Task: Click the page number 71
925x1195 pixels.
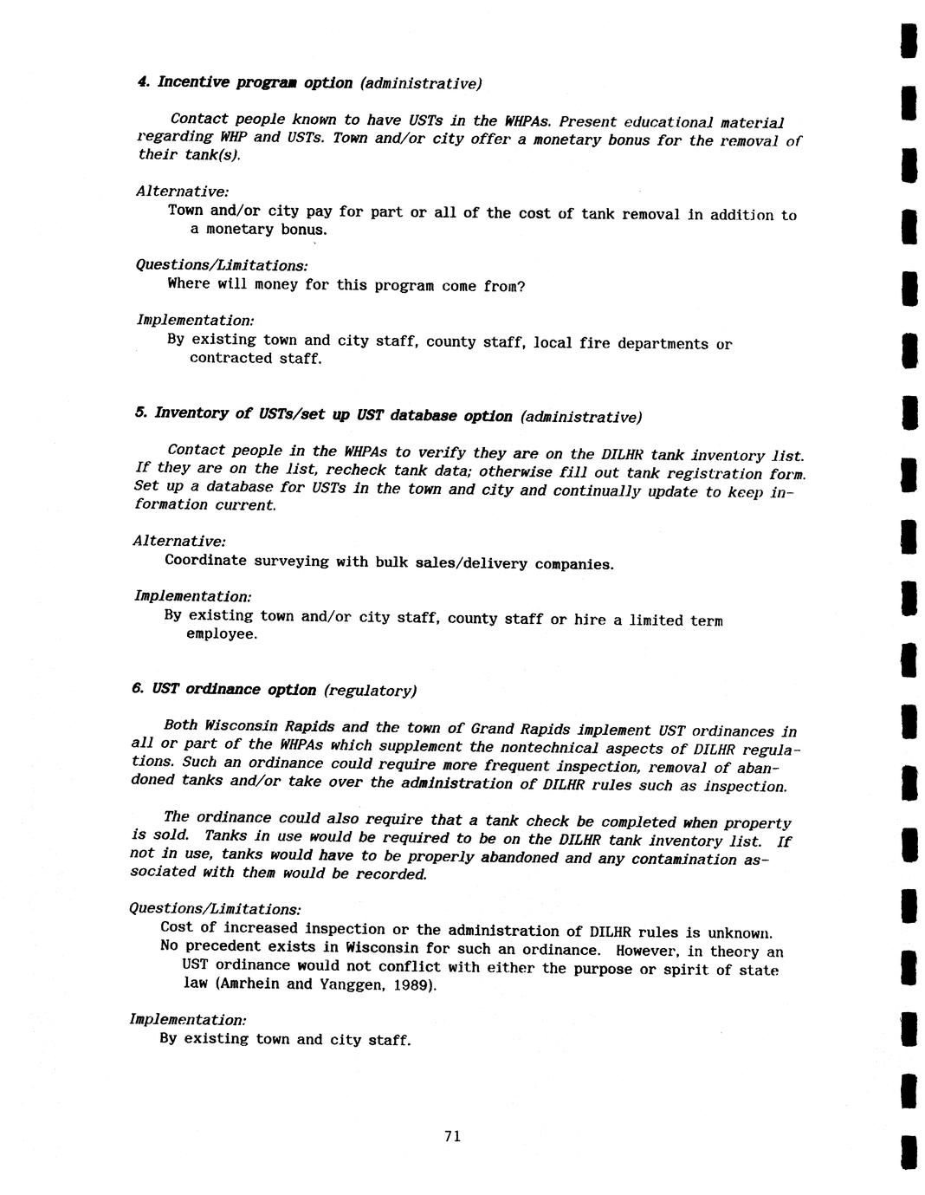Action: coord(451,1136)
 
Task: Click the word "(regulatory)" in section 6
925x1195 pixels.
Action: coord(371,691)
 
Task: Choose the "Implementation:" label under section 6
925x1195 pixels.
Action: coord(188,1019)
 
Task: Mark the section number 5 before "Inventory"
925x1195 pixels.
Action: coord(139,412)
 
